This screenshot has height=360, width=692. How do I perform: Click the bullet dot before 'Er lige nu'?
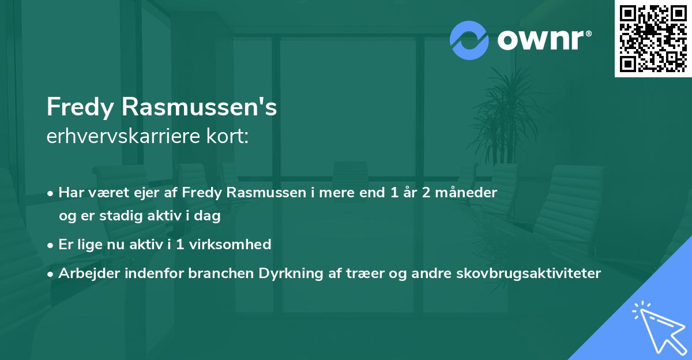(x=51, y=245)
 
